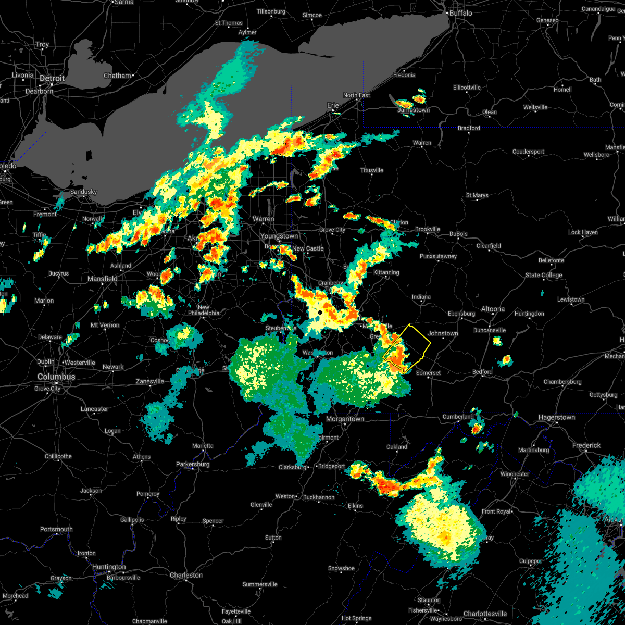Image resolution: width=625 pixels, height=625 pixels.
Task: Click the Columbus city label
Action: click(56, 377)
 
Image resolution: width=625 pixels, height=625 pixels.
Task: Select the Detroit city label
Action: click(52, 78)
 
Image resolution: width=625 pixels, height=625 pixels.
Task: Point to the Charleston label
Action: click(186, 575)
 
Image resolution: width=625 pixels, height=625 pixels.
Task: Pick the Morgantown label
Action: click(345, 419)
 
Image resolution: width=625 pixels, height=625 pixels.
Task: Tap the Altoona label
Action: click(493, 309)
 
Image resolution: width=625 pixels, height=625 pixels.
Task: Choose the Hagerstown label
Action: click(557, 417)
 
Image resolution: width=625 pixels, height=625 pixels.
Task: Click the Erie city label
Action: click(333, 105)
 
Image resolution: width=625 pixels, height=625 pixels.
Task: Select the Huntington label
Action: click(109, 567)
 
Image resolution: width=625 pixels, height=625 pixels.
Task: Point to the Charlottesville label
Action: click(485, 614)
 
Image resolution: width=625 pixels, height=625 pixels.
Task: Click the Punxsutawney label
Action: click(438, 256)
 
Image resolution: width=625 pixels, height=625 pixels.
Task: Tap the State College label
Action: click(544, 275)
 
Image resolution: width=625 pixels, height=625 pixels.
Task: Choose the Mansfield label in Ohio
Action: click(103, 279)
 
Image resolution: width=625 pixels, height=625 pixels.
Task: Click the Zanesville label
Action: click(150, 381)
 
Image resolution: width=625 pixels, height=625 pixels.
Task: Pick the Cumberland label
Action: click(458, 417)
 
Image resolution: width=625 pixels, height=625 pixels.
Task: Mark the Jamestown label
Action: click(414, 110)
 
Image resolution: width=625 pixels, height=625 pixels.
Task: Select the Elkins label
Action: click(355, 506)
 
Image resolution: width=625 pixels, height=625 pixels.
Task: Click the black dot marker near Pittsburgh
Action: click(320, 312)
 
